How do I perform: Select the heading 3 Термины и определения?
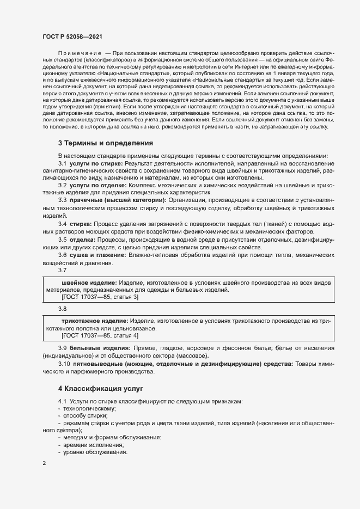click(x=105, y=143)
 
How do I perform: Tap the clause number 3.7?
click(x=62, y=270)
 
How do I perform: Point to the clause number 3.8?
click(x=62, y=309)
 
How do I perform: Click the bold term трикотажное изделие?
click(x=95, y=322)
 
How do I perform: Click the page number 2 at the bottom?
click(x=44, y=463)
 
